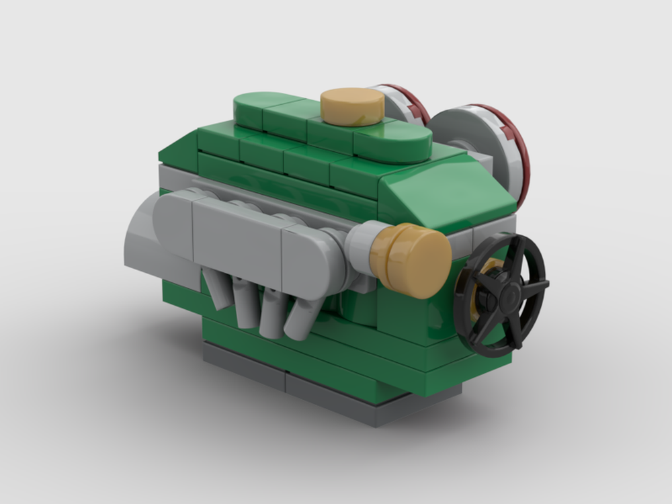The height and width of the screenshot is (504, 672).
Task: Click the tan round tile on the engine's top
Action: point(351,106)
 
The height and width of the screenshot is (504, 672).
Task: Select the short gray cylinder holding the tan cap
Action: point(359,249)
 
